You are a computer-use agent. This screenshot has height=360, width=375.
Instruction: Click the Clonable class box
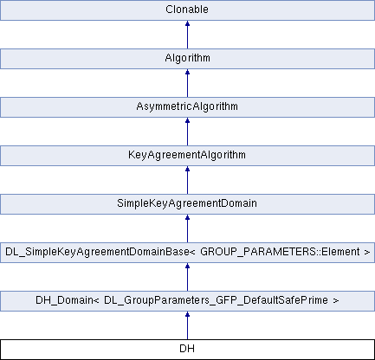[187, 10]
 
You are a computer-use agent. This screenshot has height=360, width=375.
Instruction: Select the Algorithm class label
[187, 58]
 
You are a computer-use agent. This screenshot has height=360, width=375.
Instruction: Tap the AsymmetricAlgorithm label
[187, 106]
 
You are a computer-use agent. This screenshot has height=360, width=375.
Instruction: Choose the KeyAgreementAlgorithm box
[187, 156]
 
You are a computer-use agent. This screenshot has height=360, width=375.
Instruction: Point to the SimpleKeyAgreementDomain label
[187, 203]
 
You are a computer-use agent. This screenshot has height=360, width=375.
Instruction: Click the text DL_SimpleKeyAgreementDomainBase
[97, 252]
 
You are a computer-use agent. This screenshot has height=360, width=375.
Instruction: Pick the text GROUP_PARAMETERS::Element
[280, 252]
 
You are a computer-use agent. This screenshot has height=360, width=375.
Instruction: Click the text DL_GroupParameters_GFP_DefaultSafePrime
[216, 300]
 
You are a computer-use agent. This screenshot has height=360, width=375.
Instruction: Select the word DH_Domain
[64, 300]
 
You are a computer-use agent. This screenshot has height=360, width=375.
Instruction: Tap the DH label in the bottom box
[187, 349]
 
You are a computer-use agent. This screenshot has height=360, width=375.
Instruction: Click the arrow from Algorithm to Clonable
[187, 35]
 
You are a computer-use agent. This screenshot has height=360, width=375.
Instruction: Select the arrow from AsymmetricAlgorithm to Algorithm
[187, 83]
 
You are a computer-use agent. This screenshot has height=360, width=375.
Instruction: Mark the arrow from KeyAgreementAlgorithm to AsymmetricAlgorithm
[187, 132]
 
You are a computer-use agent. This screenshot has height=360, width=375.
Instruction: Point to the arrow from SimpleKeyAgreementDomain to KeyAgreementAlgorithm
[187, 180]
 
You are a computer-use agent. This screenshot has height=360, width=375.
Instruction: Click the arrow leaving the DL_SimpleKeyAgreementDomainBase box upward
[187, 228]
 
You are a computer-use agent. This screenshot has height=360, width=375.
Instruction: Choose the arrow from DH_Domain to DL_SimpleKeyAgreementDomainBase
[187, 277]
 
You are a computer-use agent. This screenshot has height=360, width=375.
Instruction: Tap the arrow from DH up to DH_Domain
[187, 325]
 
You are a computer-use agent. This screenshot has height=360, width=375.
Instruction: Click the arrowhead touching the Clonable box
[187, 23]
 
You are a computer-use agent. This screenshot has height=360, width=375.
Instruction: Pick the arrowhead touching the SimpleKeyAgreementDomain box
[187, 217]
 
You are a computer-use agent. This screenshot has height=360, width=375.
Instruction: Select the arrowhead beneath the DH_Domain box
[187, 314]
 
